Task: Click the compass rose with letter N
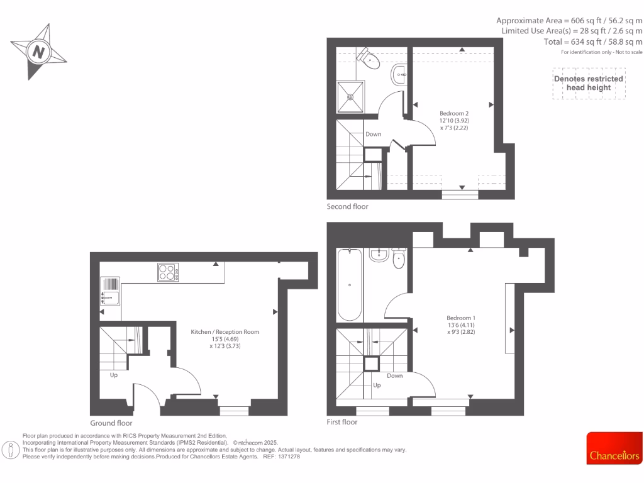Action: point(39,52)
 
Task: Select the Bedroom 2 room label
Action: point(454,120)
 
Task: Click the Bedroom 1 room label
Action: point(461,325)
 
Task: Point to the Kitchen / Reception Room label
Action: point(225,338)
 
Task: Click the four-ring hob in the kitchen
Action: point(167,272)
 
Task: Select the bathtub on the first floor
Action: point(350,284)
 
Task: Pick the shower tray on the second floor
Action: point(350,97)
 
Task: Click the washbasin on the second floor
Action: point(399,75)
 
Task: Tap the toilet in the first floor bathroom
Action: point(399,258)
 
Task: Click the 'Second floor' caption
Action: point(347,206)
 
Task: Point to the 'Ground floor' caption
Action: point(111,423)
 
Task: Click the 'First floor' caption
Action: point(342,422)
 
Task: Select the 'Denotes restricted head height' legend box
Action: point(588,84)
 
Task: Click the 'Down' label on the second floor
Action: point(374,134)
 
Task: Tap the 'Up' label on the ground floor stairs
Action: point(114,375)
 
